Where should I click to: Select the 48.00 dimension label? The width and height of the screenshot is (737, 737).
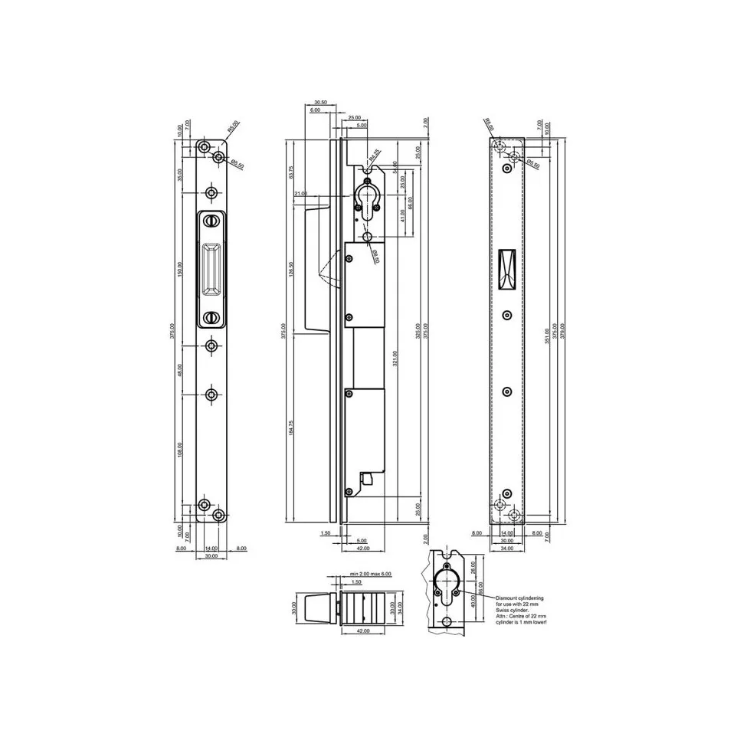(181, 369)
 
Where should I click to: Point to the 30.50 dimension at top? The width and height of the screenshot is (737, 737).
(320, 102)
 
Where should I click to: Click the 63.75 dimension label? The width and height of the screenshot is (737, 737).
(291, 173)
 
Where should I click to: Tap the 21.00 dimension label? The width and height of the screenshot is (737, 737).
(300, 194)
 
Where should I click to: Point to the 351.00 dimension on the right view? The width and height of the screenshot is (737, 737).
(547, 334)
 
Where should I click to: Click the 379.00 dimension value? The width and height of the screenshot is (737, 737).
(564, 334)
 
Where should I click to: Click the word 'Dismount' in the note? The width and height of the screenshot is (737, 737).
(509, 598)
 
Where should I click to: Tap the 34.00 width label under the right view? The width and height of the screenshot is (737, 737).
(506, 548)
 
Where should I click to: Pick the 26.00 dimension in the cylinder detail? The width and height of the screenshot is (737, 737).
(473, 567)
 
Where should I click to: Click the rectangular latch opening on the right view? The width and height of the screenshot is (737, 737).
(506, 270)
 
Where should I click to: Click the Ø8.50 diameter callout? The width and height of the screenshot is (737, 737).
(375, 255)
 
